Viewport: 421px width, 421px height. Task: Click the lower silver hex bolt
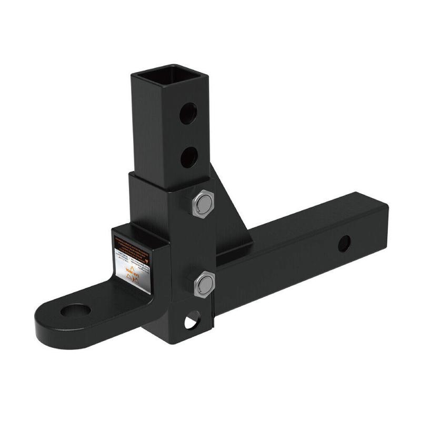[203, 285]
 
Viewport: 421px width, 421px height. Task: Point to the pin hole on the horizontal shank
[344, 243]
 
